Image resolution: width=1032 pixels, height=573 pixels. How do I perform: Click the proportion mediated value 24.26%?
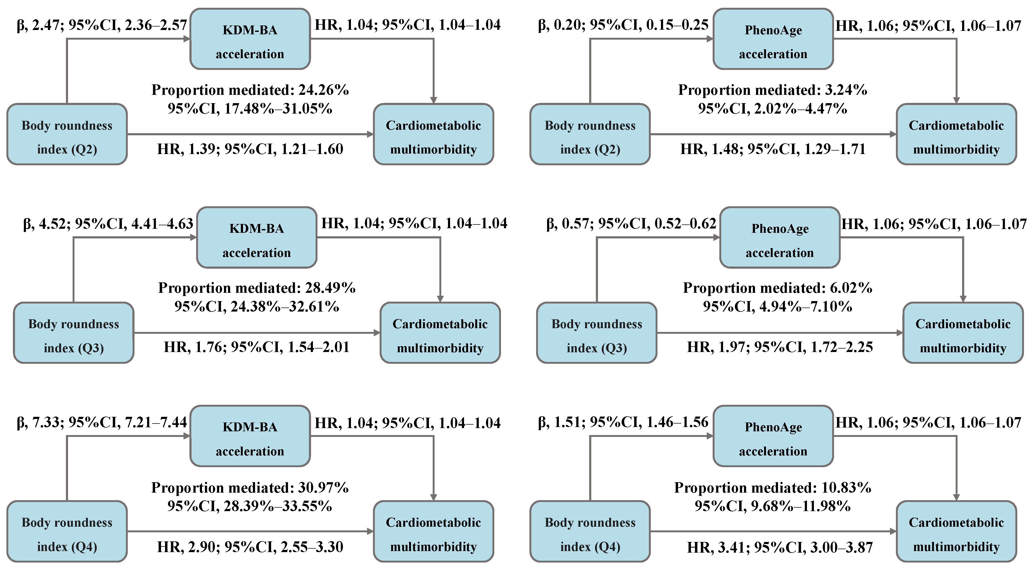pos(323,90)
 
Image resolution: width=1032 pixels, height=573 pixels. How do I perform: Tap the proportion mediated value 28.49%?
pos(330,288)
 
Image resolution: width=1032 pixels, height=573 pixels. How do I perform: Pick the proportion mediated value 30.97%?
pos(323,487)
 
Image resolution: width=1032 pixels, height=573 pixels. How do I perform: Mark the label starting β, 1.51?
pos(623,422)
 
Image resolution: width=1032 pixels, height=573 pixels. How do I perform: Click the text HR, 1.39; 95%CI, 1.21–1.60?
pos(250,149)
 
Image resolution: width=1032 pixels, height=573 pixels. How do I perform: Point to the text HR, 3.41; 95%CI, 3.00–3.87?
pos(780,547)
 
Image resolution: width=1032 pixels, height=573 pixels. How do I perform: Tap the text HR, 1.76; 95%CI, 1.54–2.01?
pos(256,347)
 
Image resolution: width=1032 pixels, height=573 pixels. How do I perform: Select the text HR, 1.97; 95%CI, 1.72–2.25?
pos(780,347)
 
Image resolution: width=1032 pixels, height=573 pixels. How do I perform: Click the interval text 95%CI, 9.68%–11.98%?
pos(772,506)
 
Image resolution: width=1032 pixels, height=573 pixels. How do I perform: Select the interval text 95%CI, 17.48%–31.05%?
pos(250,108)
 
